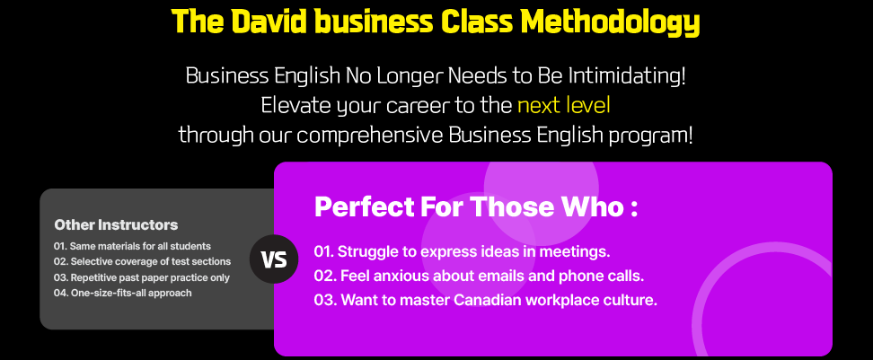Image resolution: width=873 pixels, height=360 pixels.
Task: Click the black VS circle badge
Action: pos(274,259)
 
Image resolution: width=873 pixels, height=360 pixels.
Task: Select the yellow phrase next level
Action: pos(563,106)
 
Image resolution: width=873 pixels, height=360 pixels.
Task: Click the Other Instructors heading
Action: pos(117,224)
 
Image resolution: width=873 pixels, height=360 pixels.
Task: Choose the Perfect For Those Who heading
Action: pos(475,207)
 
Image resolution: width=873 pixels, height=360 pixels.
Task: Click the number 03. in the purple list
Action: pos(324,300)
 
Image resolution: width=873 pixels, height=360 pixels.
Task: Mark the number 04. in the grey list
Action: pos(61,293)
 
